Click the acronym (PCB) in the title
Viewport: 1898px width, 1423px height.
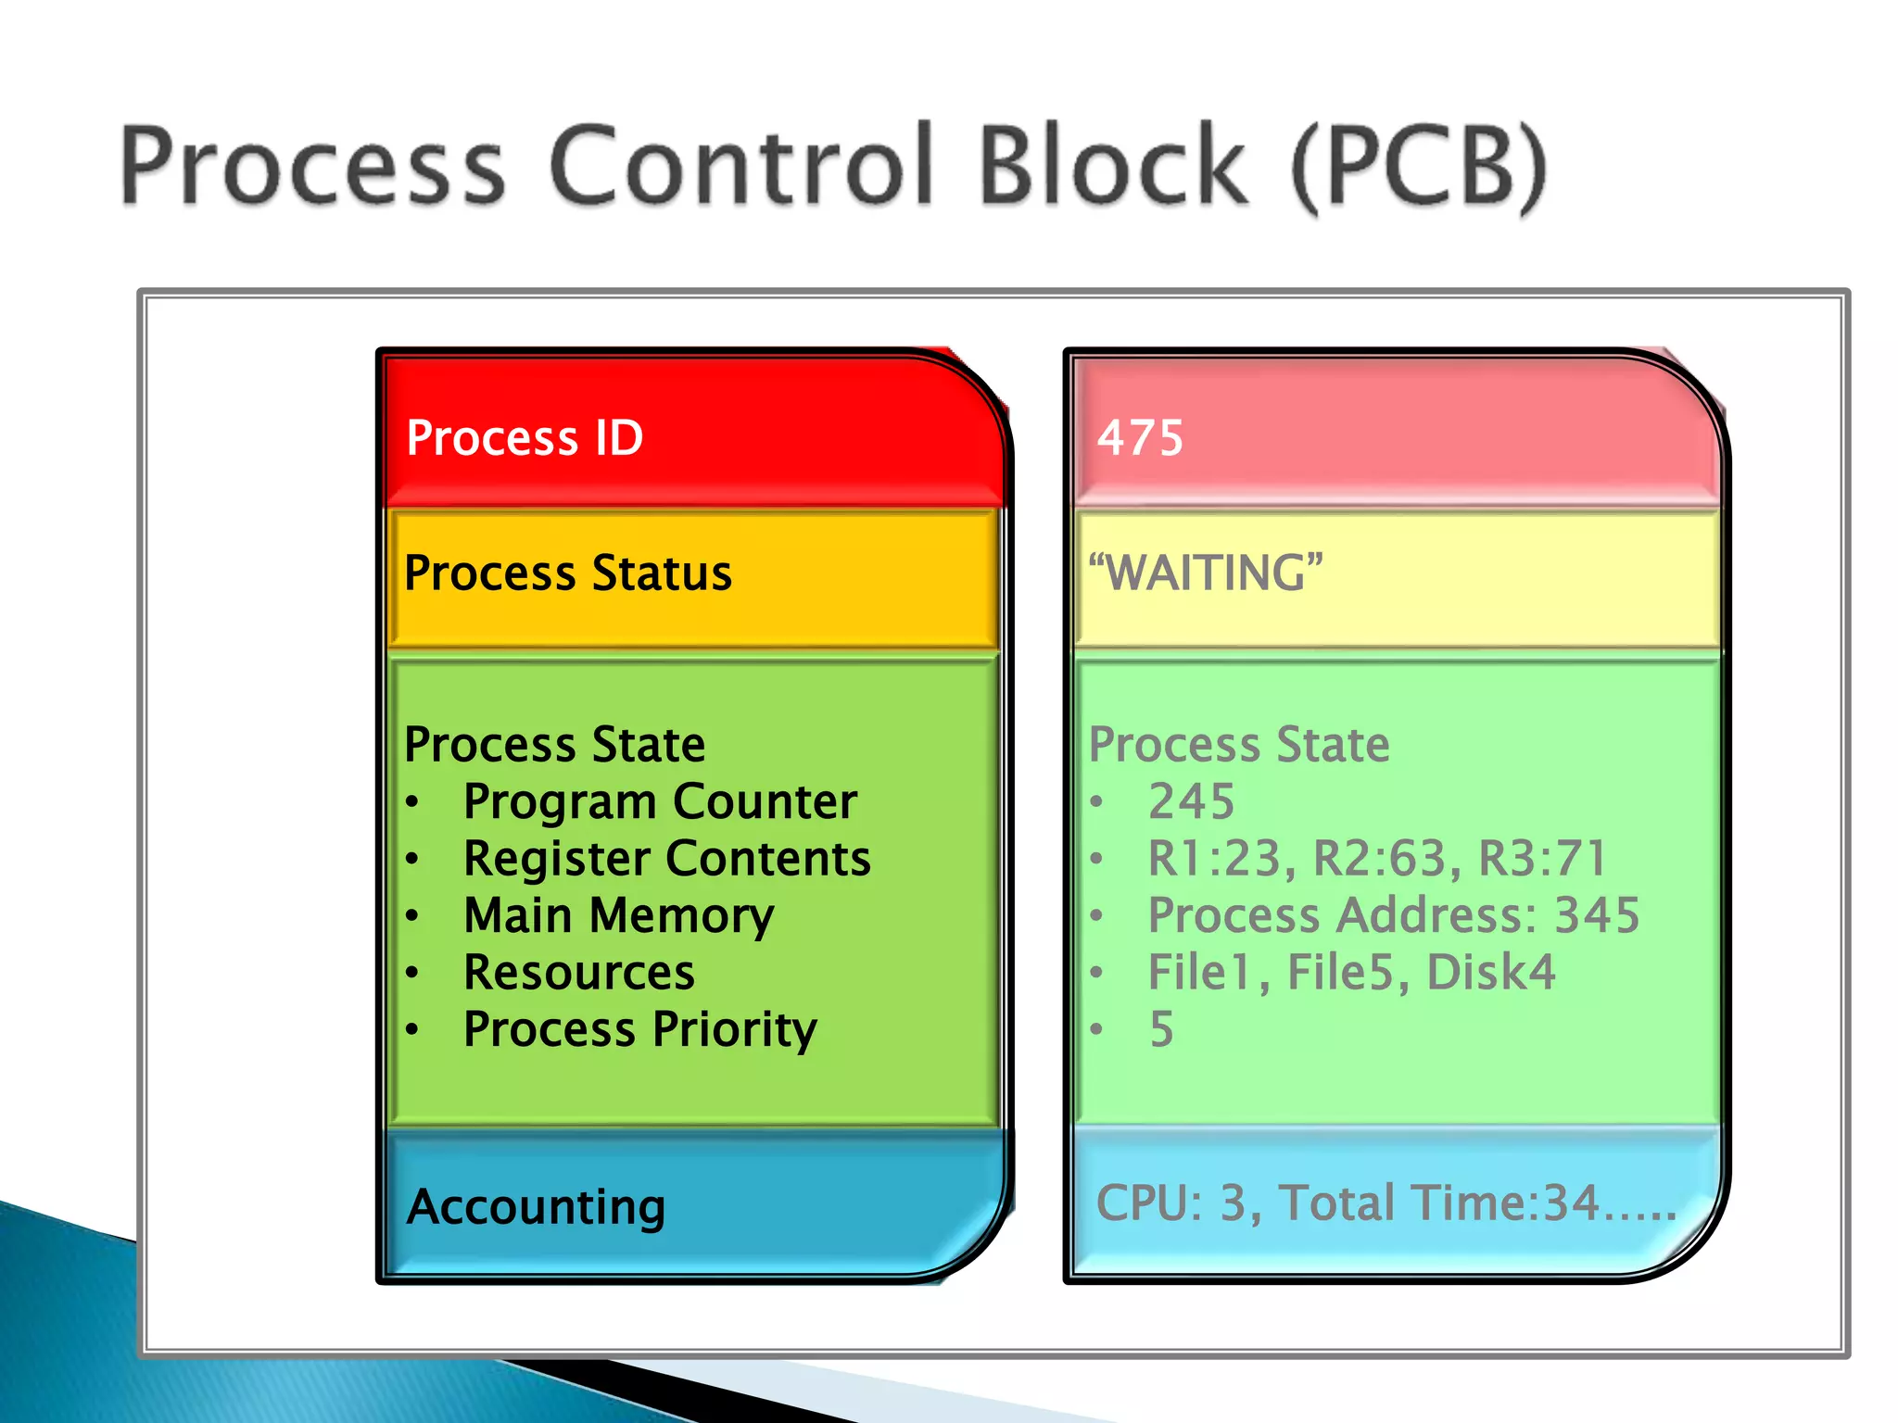(x=1419, y=167)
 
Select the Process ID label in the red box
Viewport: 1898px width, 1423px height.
(x=525, y=437)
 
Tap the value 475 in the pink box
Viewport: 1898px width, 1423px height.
(x=1140, y=437)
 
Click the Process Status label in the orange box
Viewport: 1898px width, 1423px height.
(x=568, y=573)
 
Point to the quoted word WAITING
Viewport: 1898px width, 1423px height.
(x=1206, y=573)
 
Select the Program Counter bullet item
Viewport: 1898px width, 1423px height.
(x=660, y=801)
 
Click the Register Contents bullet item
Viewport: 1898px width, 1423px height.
(x=666, y=859)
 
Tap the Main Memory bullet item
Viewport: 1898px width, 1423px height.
(x=618, y=916)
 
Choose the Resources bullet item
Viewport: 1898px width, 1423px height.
(x=579, y=973)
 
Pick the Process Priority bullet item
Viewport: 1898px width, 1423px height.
(x=640, y=1030)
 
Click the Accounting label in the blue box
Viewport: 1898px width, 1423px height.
(x=536, y=1207)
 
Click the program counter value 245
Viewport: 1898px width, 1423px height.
(x=1191, y=801)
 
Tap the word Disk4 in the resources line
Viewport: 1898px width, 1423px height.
(x=1490, y=973)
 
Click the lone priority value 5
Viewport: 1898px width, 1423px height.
(x=1161, y=1030)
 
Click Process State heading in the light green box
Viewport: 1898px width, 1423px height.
(x=1239, y=745)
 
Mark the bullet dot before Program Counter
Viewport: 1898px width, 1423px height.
(x=413, y=801)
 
